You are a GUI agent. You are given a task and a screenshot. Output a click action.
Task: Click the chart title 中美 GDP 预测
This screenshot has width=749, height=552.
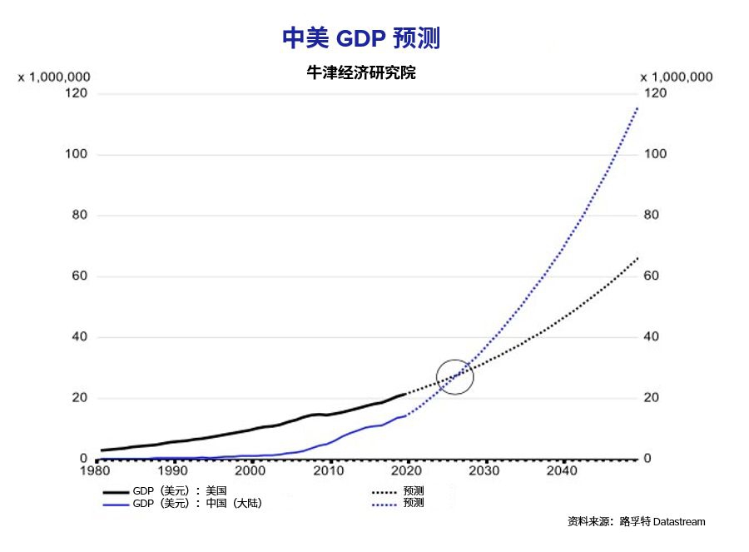point(361,38)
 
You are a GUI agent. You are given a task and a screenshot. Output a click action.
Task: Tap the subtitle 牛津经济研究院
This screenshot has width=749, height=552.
point(361,73)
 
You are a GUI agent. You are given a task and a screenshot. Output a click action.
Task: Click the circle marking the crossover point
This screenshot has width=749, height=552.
point(454,376)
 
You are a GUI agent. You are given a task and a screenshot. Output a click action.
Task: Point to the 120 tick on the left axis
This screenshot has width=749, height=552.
point(77,93)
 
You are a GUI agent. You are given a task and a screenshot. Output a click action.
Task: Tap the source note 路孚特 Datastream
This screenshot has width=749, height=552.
point(637,522)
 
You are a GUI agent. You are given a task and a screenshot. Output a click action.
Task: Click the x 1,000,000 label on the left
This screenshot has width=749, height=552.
point(54,77)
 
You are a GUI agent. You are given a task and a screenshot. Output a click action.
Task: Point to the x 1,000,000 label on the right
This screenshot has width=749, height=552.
point(677,77)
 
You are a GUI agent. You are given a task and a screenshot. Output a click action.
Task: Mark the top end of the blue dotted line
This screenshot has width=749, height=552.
point(637,107)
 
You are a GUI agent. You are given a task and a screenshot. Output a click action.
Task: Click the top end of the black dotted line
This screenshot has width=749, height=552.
point(637,258)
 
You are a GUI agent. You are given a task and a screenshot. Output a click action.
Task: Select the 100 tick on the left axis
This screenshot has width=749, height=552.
point(77,155)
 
